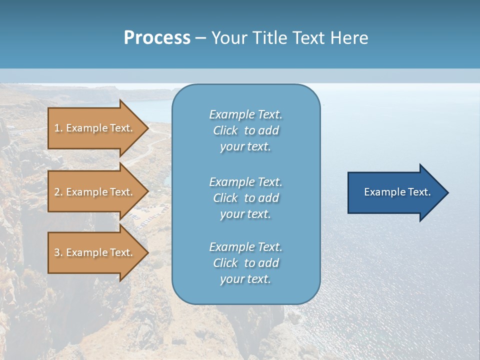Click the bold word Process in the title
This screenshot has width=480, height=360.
(x=157, y=38)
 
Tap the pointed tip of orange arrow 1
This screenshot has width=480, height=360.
(x=147, y=128)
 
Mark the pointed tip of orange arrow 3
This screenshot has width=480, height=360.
(x=147, y=252)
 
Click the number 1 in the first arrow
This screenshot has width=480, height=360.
(x=57, y=128)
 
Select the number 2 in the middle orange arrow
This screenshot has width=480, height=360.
(x=57, y=192)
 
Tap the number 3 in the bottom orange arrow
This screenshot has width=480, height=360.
(x=57, y=252)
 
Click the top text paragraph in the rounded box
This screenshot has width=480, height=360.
(x=245, y=130)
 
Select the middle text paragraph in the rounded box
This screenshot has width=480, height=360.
(x=245, y=198)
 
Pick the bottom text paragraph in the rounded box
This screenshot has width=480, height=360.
(x=245, y=263)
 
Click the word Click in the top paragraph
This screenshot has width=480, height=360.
(x=225, y=131)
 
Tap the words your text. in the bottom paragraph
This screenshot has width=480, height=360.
(x=245, y=279)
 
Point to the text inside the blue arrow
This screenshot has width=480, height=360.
(x=397, y=192)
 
